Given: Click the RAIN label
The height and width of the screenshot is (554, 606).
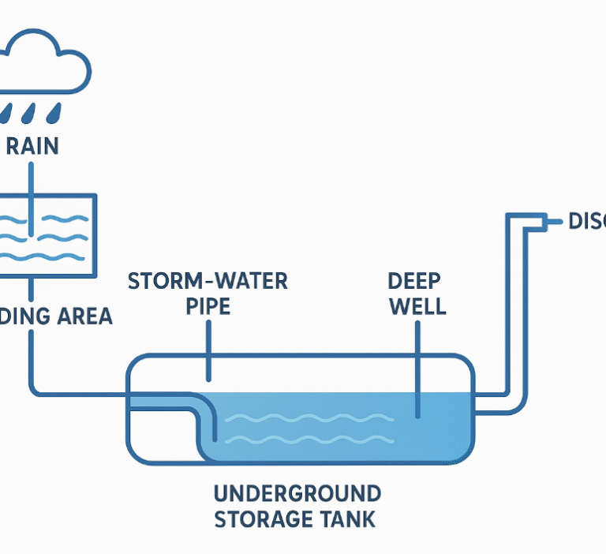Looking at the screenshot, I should [32, 147].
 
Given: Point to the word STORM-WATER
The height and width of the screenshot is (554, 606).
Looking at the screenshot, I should [208, 280].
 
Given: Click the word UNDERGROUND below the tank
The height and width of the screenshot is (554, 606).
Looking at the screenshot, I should [297, 494].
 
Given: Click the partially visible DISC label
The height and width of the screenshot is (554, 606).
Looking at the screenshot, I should [586, 222].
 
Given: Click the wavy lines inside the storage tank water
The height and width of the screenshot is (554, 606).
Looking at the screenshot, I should [308, 427].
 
